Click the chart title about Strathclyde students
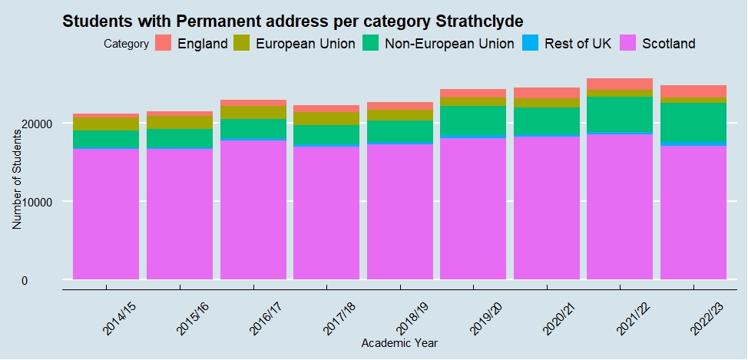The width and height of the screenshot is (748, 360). point(297,21)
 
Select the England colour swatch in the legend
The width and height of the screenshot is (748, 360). point(164,44)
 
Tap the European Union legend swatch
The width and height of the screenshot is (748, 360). point(243,44)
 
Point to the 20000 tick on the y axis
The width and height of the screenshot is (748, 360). point(36,123)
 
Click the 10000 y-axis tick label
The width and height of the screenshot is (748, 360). point(36,202)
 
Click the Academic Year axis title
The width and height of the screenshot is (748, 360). point(399,342)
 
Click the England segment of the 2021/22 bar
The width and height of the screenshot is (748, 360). point(620,84)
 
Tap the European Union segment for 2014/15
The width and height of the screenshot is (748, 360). point(106,124)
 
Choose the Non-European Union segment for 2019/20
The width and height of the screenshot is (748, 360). point(473,121)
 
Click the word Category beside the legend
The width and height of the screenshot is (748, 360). point(126,45)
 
